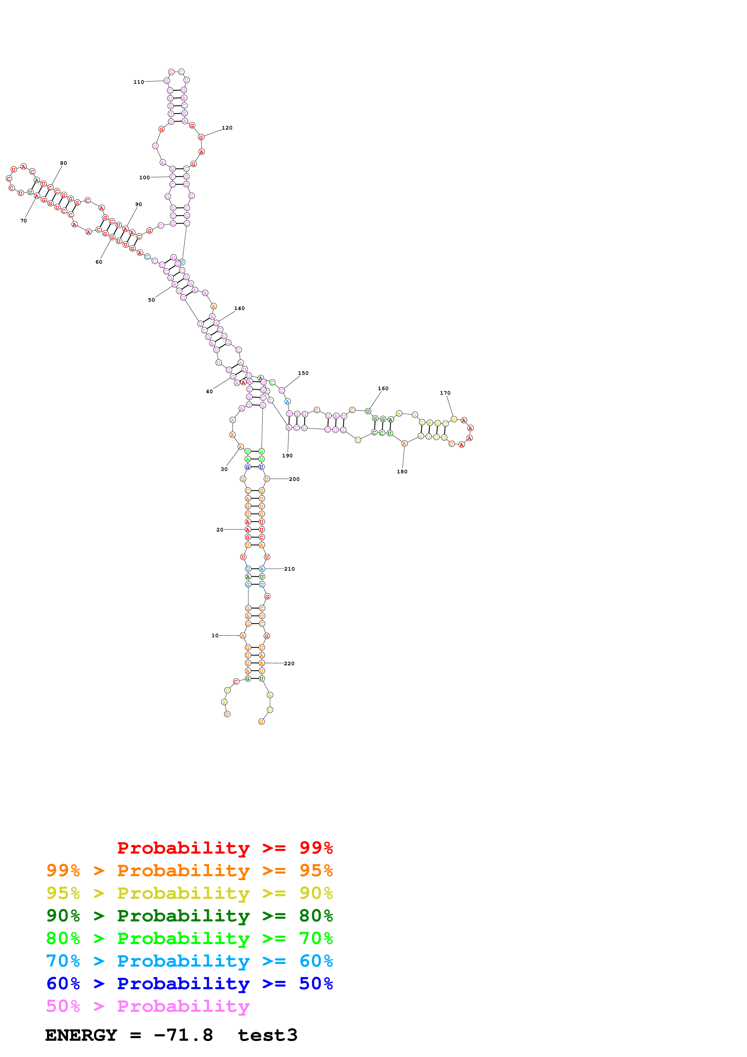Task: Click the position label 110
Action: click(x=139, y=82)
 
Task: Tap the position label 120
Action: click(x=227, y=128)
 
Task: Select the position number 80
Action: click(x=64, y=163)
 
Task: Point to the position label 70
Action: click(x=24, y=221)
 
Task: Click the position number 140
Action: click(x=239, y=309)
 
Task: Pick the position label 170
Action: click(x=445, y=393)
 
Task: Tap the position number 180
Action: click(x=402, y=472)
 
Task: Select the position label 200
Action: click(x=294, y=479)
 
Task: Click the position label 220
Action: click(x=289, y=663)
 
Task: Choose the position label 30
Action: click(x=224, y=469)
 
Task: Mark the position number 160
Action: click(x=383, y=389)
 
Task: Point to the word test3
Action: click(x=267, y=1035)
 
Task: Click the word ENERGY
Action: click(x=81, y=1035)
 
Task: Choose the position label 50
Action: click(x=152, y=300)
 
